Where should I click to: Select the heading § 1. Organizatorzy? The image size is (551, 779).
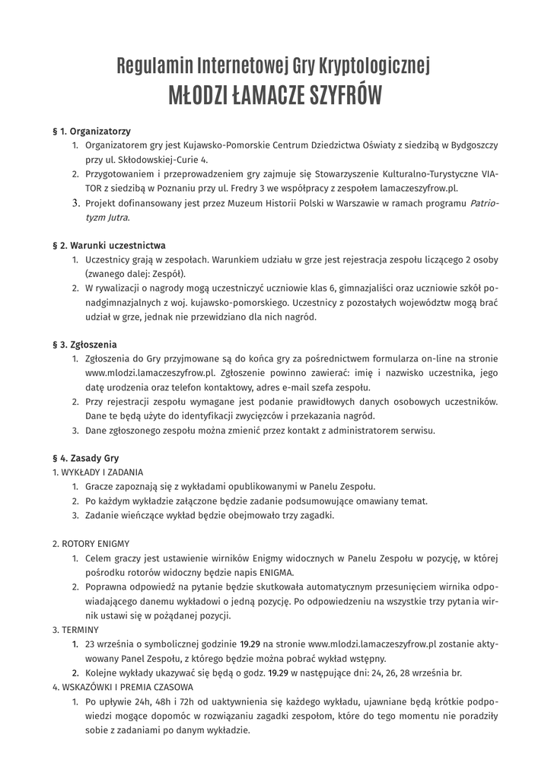91,132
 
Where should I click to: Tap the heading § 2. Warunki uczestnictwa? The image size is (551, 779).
109,246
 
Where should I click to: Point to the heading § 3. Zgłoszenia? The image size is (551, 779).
84,345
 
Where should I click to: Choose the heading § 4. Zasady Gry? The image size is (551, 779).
85,459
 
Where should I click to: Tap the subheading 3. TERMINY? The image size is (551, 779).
75,630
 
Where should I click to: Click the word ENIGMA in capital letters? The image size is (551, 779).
272,573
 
